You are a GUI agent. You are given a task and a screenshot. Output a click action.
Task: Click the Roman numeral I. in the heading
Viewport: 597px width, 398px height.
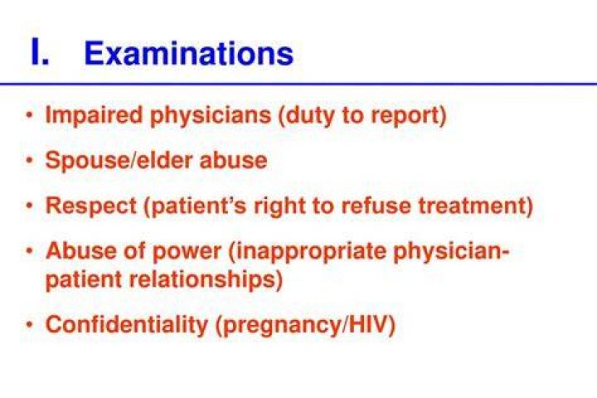click(40, 52)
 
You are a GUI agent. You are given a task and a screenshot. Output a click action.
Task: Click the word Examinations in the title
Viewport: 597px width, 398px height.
click(189, 53)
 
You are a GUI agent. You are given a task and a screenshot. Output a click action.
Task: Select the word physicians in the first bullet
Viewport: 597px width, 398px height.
click(211, 114)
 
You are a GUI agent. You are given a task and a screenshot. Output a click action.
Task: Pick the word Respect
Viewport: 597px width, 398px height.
click(90, 206)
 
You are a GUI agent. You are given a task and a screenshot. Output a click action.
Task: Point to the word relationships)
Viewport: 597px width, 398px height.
click(206, 279)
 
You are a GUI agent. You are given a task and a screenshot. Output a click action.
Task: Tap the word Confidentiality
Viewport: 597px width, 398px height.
click(126, 325)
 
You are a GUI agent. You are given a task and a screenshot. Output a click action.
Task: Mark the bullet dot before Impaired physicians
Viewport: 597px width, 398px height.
click(29, 114)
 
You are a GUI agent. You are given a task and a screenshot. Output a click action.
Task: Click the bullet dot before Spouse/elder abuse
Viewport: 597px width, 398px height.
click(29, 160)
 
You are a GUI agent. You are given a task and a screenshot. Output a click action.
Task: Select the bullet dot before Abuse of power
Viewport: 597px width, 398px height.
click(29, 251)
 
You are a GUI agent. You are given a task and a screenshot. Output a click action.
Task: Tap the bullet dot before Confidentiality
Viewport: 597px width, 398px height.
click(29, 325)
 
